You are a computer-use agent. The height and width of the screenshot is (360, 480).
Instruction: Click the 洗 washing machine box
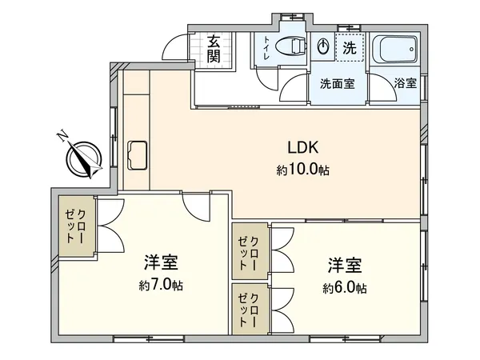pyautogui.click(x=348, y=48)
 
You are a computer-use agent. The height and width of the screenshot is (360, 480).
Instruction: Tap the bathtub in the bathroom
pyautogui.click(x=394, y=51)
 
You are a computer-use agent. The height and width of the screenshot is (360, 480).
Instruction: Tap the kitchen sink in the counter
pyautogui.click(x=138, y=152)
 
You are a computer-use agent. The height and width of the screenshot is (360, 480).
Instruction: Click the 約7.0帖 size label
pyautogui.click(x=160, y=285)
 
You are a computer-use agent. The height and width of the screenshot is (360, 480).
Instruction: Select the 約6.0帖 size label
pyautogui.click(x=345, y=287)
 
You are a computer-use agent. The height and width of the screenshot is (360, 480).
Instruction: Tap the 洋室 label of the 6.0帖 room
pyautogui.click(x=345, y=265)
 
